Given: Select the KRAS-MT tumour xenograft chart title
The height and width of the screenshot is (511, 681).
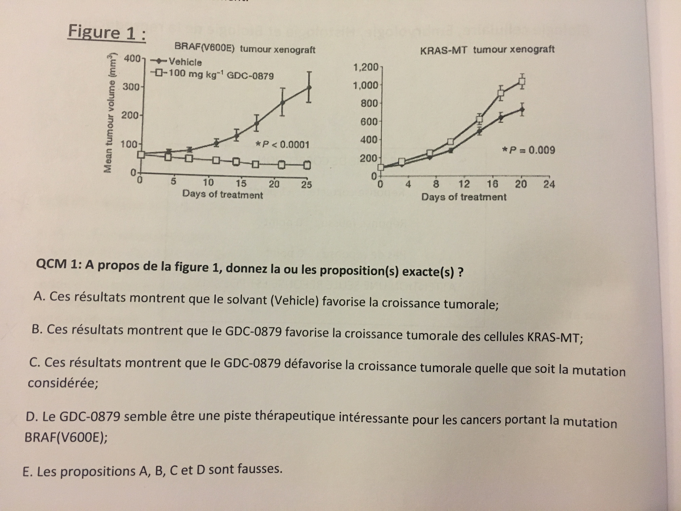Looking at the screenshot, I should click(487, 50).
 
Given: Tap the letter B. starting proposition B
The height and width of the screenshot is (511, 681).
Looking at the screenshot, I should click(37, 329).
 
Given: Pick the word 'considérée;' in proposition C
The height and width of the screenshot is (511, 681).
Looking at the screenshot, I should click(63, 383).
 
